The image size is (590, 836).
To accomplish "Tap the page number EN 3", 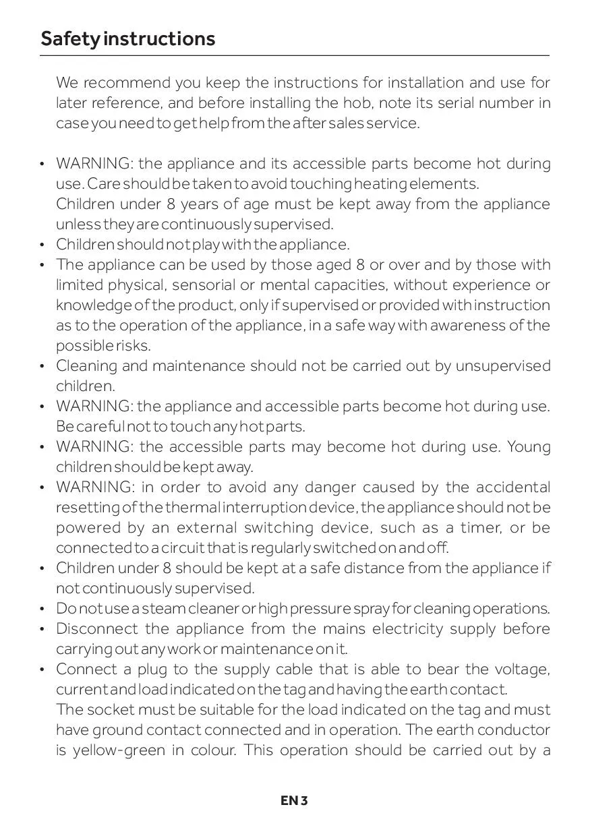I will pos(295,801).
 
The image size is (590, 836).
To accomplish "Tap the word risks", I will pos(134,346).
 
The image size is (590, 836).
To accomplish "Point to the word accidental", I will pos(513,487).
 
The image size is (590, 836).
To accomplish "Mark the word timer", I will pos(475,528).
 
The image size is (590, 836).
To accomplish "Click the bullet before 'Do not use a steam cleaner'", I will pos(42,609).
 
